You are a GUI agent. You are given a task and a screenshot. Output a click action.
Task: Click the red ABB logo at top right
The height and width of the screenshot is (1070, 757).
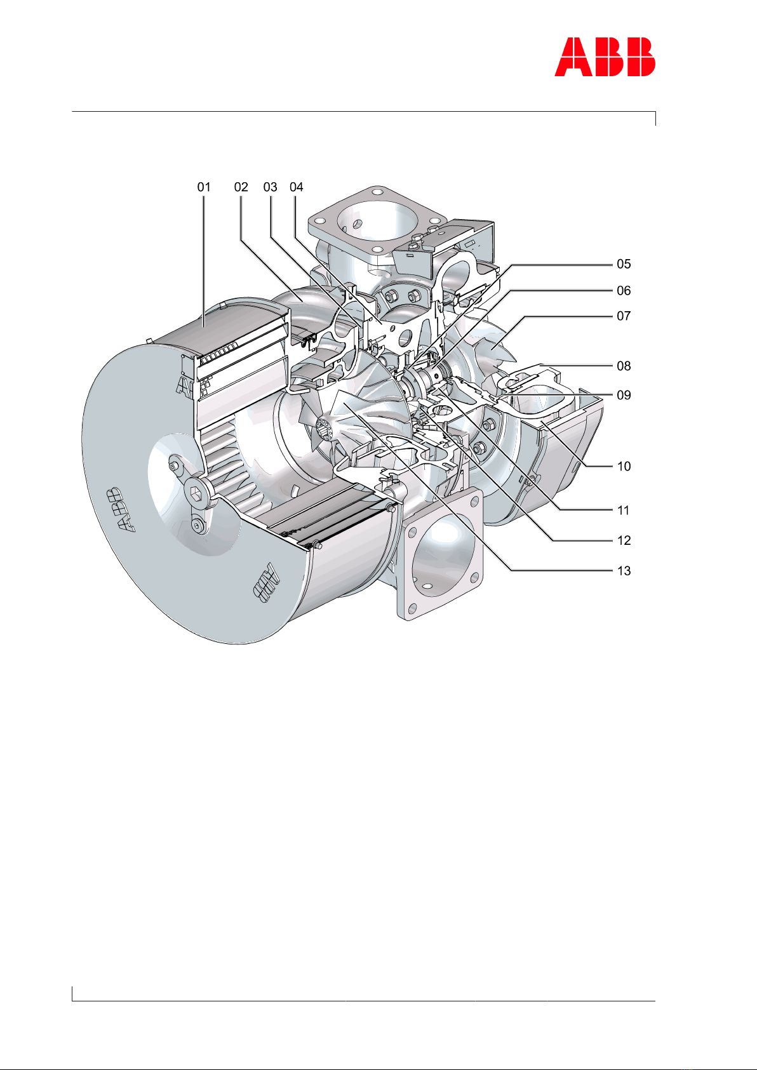pos(605,57)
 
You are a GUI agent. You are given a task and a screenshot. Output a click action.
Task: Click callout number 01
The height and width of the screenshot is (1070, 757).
pos(204,187)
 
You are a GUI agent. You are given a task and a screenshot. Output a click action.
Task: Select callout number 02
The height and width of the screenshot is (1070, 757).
pos(241,187)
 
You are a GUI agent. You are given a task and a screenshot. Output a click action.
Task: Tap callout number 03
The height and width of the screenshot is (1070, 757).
pos(271,187)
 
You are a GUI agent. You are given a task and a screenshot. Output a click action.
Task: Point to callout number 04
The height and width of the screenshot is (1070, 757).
pos(297,187)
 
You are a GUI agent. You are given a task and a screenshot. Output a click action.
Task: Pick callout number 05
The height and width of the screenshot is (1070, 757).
pos(624,264)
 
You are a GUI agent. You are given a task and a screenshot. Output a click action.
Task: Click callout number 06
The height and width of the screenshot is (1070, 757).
pos(624,291)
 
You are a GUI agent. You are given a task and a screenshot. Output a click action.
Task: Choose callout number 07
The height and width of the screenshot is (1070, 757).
pos(624,316)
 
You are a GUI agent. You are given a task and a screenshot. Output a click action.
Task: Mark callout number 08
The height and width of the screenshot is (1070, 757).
pos(624,366)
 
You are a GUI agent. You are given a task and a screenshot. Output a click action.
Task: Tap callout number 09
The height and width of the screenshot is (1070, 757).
pos(624,396)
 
